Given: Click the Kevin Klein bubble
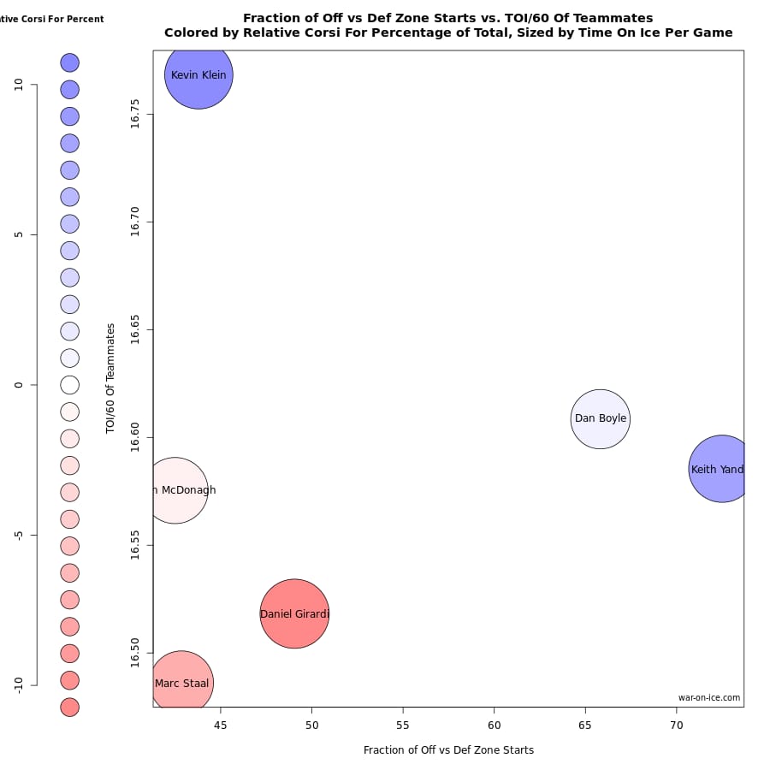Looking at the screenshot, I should pyautogui.click(x=198, y=74).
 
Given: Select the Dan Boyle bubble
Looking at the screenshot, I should pyautogui.click(x=601, y=418).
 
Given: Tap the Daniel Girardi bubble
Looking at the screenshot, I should pyautogui.click(x=294, y=613).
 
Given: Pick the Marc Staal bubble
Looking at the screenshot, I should pyautogui.click(x=181, y=683).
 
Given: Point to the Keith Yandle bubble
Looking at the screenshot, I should pyautogui.click(x=720, y=469).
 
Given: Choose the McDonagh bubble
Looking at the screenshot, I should pyautogui.click(x=175, y=490).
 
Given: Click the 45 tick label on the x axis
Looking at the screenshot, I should pyautogui.click(x=221, y=726).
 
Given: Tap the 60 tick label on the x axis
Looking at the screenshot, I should pyautogui.click(x=495, y=726).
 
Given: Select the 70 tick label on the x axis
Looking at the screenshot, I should pyautogui.click(x=677, y=726).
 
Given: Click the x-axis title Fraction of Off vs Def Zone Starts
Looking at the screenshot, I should pyautogui.click(x=448, y=750).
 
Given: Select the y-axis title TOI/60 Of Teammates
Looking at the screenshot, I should pyautogui.click(x=111, y=378).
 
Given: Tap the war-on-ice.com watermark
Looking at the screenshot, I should pyautogui.click(x=709, y=697).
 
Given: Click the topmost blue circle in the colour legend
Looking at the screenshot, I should pyautogui.click(x=69, y=62).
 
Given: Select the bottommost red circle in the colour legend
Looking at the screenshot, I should pyautogui.click(x=69, y=707).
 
